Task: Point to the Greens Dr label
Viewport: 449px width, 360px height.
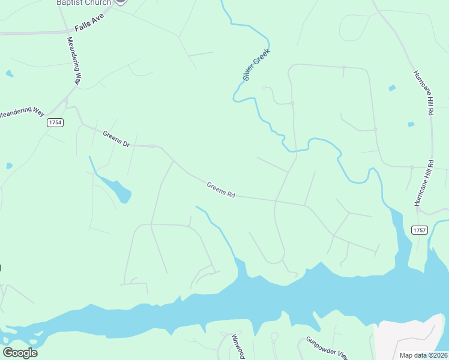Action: (116, 139)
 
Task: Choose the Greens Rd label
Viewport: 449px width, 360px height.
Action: (220, 190)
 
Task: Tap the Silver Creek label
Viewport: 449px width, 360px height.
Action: (256, 65)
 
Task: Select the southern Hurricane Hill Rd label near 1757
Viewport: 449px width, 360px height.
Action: (423, 184)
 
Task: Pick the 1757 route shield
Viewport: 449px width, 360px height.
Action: (420, 230)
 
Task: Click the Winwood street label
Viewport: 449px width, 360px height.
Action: (238, 347)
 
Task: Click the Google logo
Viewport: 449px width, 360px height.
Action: (20, 352)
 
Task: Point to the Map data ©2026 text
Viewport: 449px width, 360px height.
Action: (423, 355)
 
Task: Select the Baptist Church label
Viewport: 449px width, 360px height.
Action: (83, 2)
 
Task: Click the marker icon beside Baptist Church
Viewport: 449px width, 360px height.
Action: (120, 2)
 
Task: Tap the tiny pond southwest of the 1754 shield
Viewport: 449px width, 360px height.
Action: (9, 166)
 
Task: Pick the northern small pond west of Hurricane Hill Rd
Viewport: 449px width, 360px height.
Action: (392, 88)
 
